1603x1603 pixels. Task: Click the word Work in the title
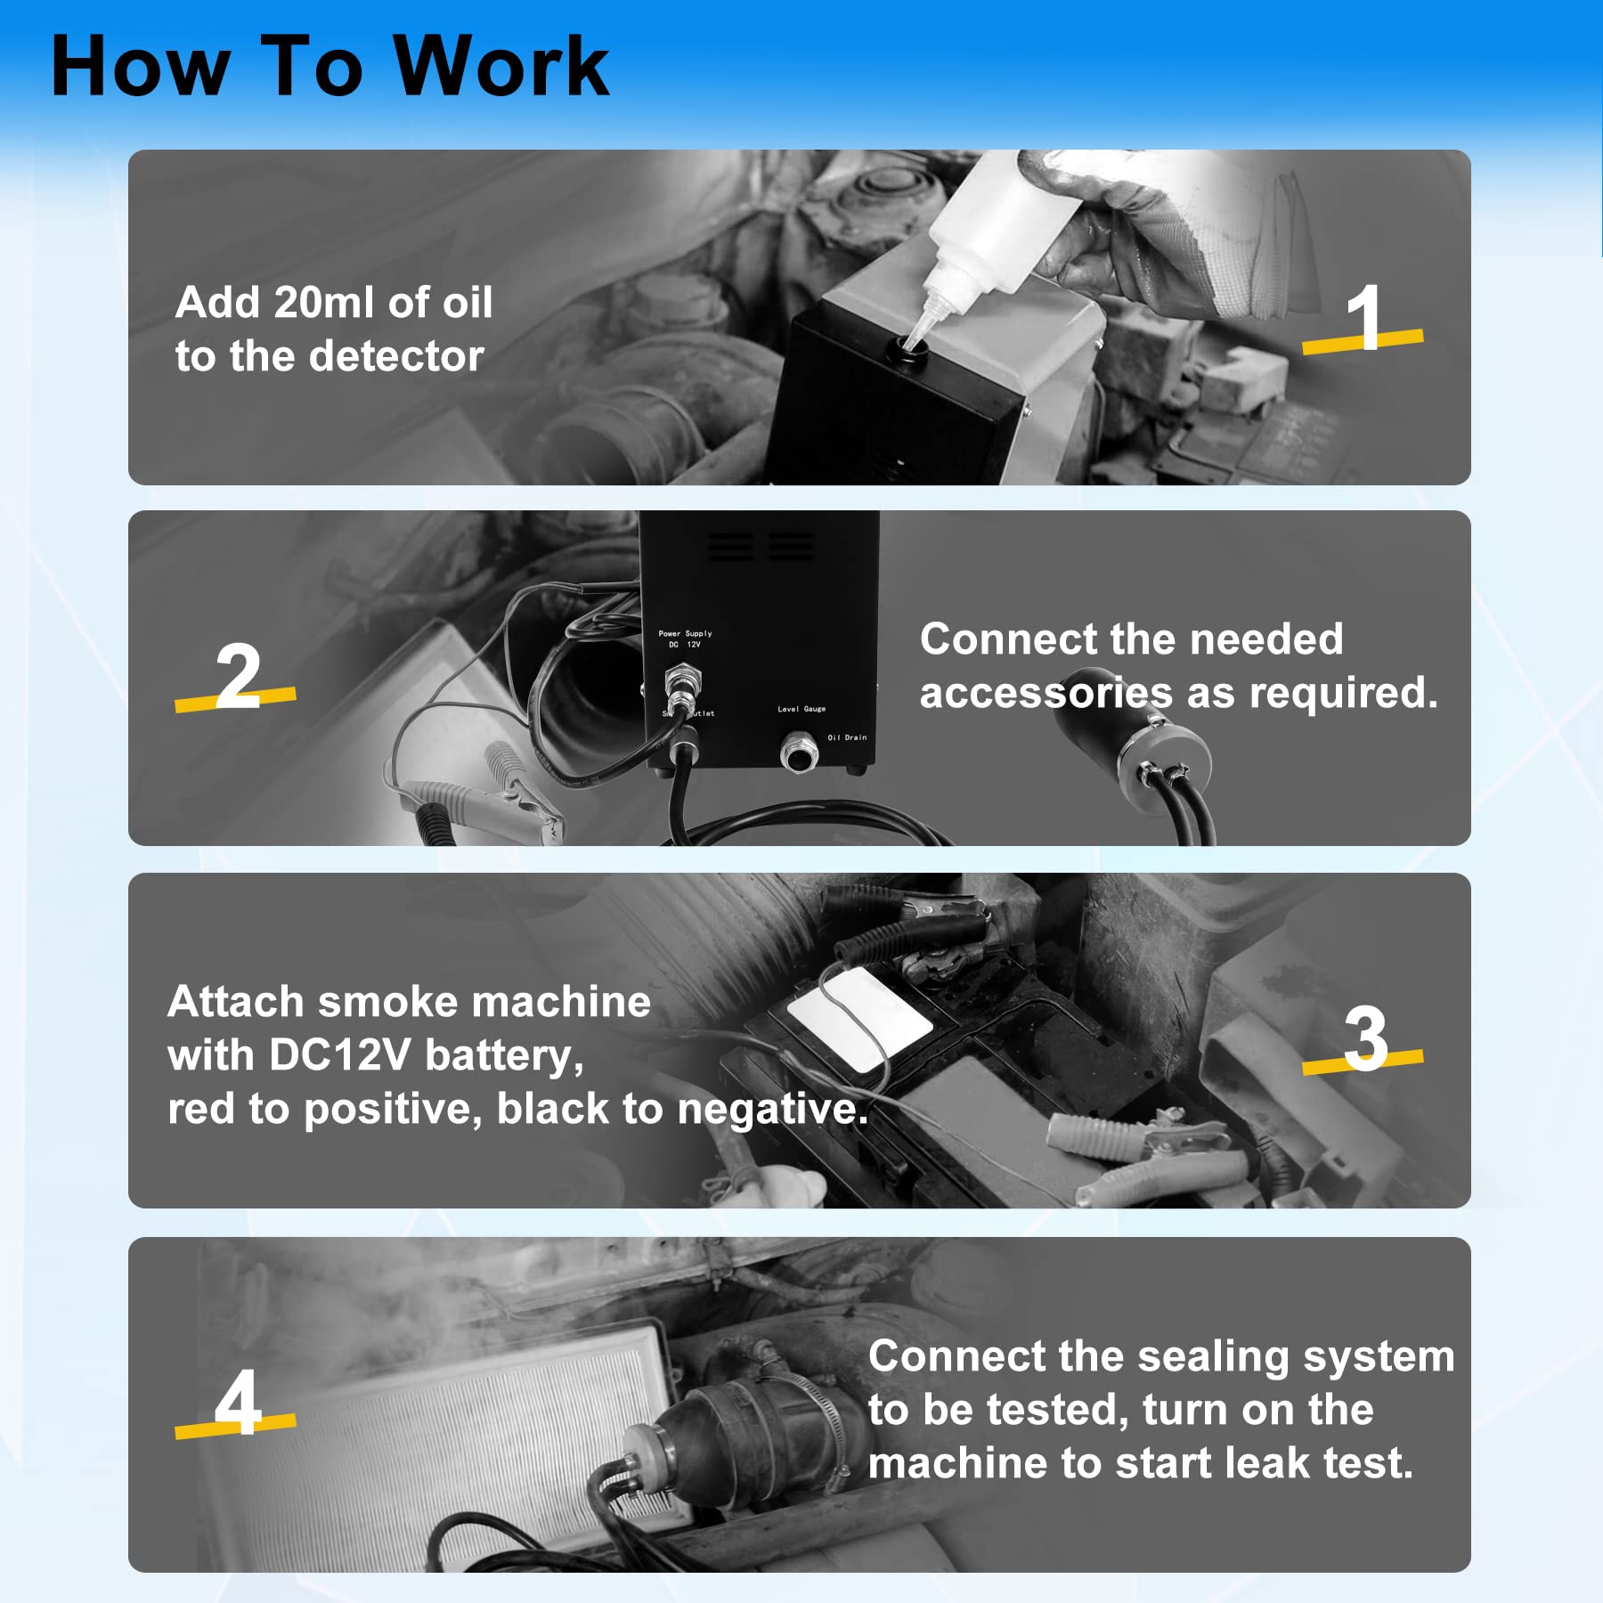501,67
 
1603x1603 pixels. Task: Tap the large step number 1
1363,318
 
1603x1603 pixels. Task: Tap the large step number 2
238,677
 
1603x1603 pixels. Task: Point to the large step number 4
238,1402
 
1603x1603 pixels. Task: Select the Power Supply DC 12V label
685,639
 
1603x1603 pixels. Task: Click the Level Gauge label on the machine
801,709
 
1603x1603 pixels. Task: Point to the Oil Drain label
846,737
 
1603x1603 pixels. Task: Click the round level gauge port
798,753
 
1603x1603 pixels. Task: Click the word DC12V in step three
338,1055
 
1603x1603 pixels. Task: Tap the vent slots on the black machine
760,546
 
